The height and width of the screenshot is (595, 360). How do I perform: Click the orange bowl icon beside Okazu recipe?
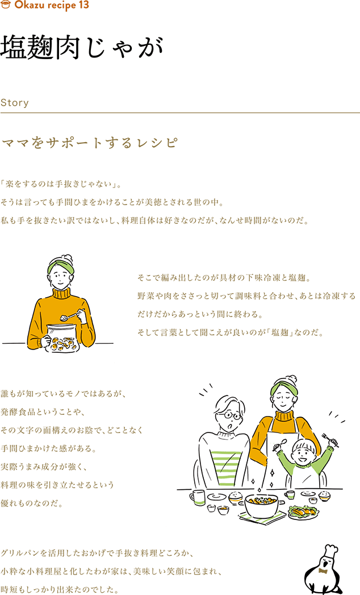[x=6, y=5]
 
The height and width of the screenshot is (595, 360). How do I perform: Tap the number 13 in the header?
[x=84, y=5]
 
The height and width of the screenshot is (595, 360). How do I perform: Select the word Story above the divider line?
[x=14, y=103]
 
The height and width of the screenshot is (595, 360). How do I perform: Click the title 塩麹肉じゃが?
[x=82, y=48]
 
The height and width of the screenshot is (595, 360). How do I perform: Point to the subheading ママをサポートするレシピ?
[x=90, y=143]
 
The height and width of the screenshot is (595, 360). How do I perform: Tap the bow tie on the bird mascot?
[x=323, y=571]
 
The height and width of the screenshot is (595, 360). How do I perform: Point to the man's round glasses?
[x=229, y=415]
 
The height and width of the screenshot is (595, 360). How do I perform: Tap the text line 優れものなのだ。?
[x=32, y=503]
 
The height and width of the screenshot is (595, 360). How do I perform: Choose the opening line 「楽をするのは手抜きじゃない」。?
[x=61, y=185]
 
